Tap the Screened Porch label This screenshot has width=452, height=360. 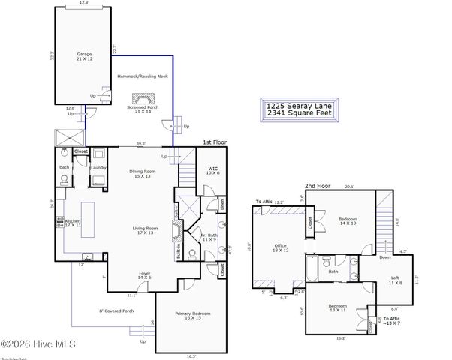click(x=141, y=109)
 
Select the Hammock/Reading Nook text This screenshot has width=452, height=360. click(x=141, y=76)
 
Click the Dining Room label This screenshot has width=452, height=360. click(x=141, y=173)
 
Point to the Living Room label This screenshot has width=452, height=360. click(x=141, y=230)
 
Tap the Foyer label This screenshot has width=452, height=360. click(x=144, y=275)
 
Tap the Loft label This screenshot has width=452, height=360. click(x=396, y=280)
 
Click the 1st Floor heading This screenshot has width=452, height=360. click(x=214, y=142)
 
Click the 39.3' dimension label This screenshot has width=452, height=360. click(x=141, y=144)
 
